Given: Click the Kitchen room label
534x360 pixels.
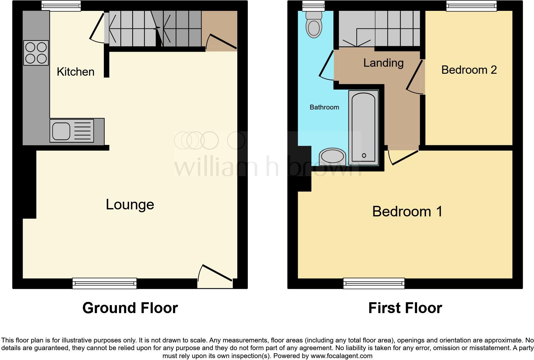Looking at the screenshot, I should click(x=75, y=72).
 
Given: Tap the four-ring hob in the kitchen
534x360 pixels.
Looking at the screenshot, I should click(x=36, y=53).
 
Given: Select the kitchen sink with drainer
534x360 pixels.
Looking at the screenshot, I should click(x=72, y=131).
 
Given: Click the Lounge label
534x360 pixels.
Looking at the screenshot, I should click(x=130, y=205).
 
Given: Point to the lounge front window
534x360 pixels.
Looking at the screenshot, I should click(x=104, y=283).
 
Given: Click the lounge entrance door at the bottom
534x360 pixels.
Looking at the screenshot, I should click(x=215, y=274).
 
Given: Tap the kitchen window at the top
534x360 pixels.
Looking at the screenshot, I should click(x=61, y=5).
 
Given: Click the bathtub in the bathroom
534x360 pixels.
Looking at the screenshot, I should click(x=363, y=128).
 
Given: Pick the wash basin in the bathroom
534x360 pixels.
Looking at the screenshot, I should click(x=332, y=157).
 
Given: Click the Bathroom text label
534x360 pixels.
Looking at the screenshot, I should click(x=324, y=107).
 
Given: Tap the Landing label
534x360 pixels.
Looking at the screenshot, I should click(x=383, y=63).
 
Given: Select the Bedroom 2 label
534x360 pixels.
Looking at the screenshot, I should click(x=469, y=70).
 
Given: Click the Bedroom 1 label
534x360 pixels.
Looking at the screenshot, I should click(x=407, y=212).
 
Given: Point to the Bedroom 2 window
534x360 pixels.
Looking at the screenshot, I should click(x=471, y=5).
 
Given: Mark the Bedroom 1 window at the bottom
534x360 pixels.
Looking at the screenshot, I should click(x=374, y=283).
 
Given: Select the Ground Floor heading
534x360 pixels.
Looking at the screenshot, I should click(x=130, y=308).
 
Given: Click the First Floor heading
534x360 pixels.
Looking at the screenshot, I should click(x=405, y=308).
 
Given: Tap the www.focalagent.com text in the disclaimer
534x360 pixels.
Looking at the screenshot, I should click(x=341, y=356).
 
